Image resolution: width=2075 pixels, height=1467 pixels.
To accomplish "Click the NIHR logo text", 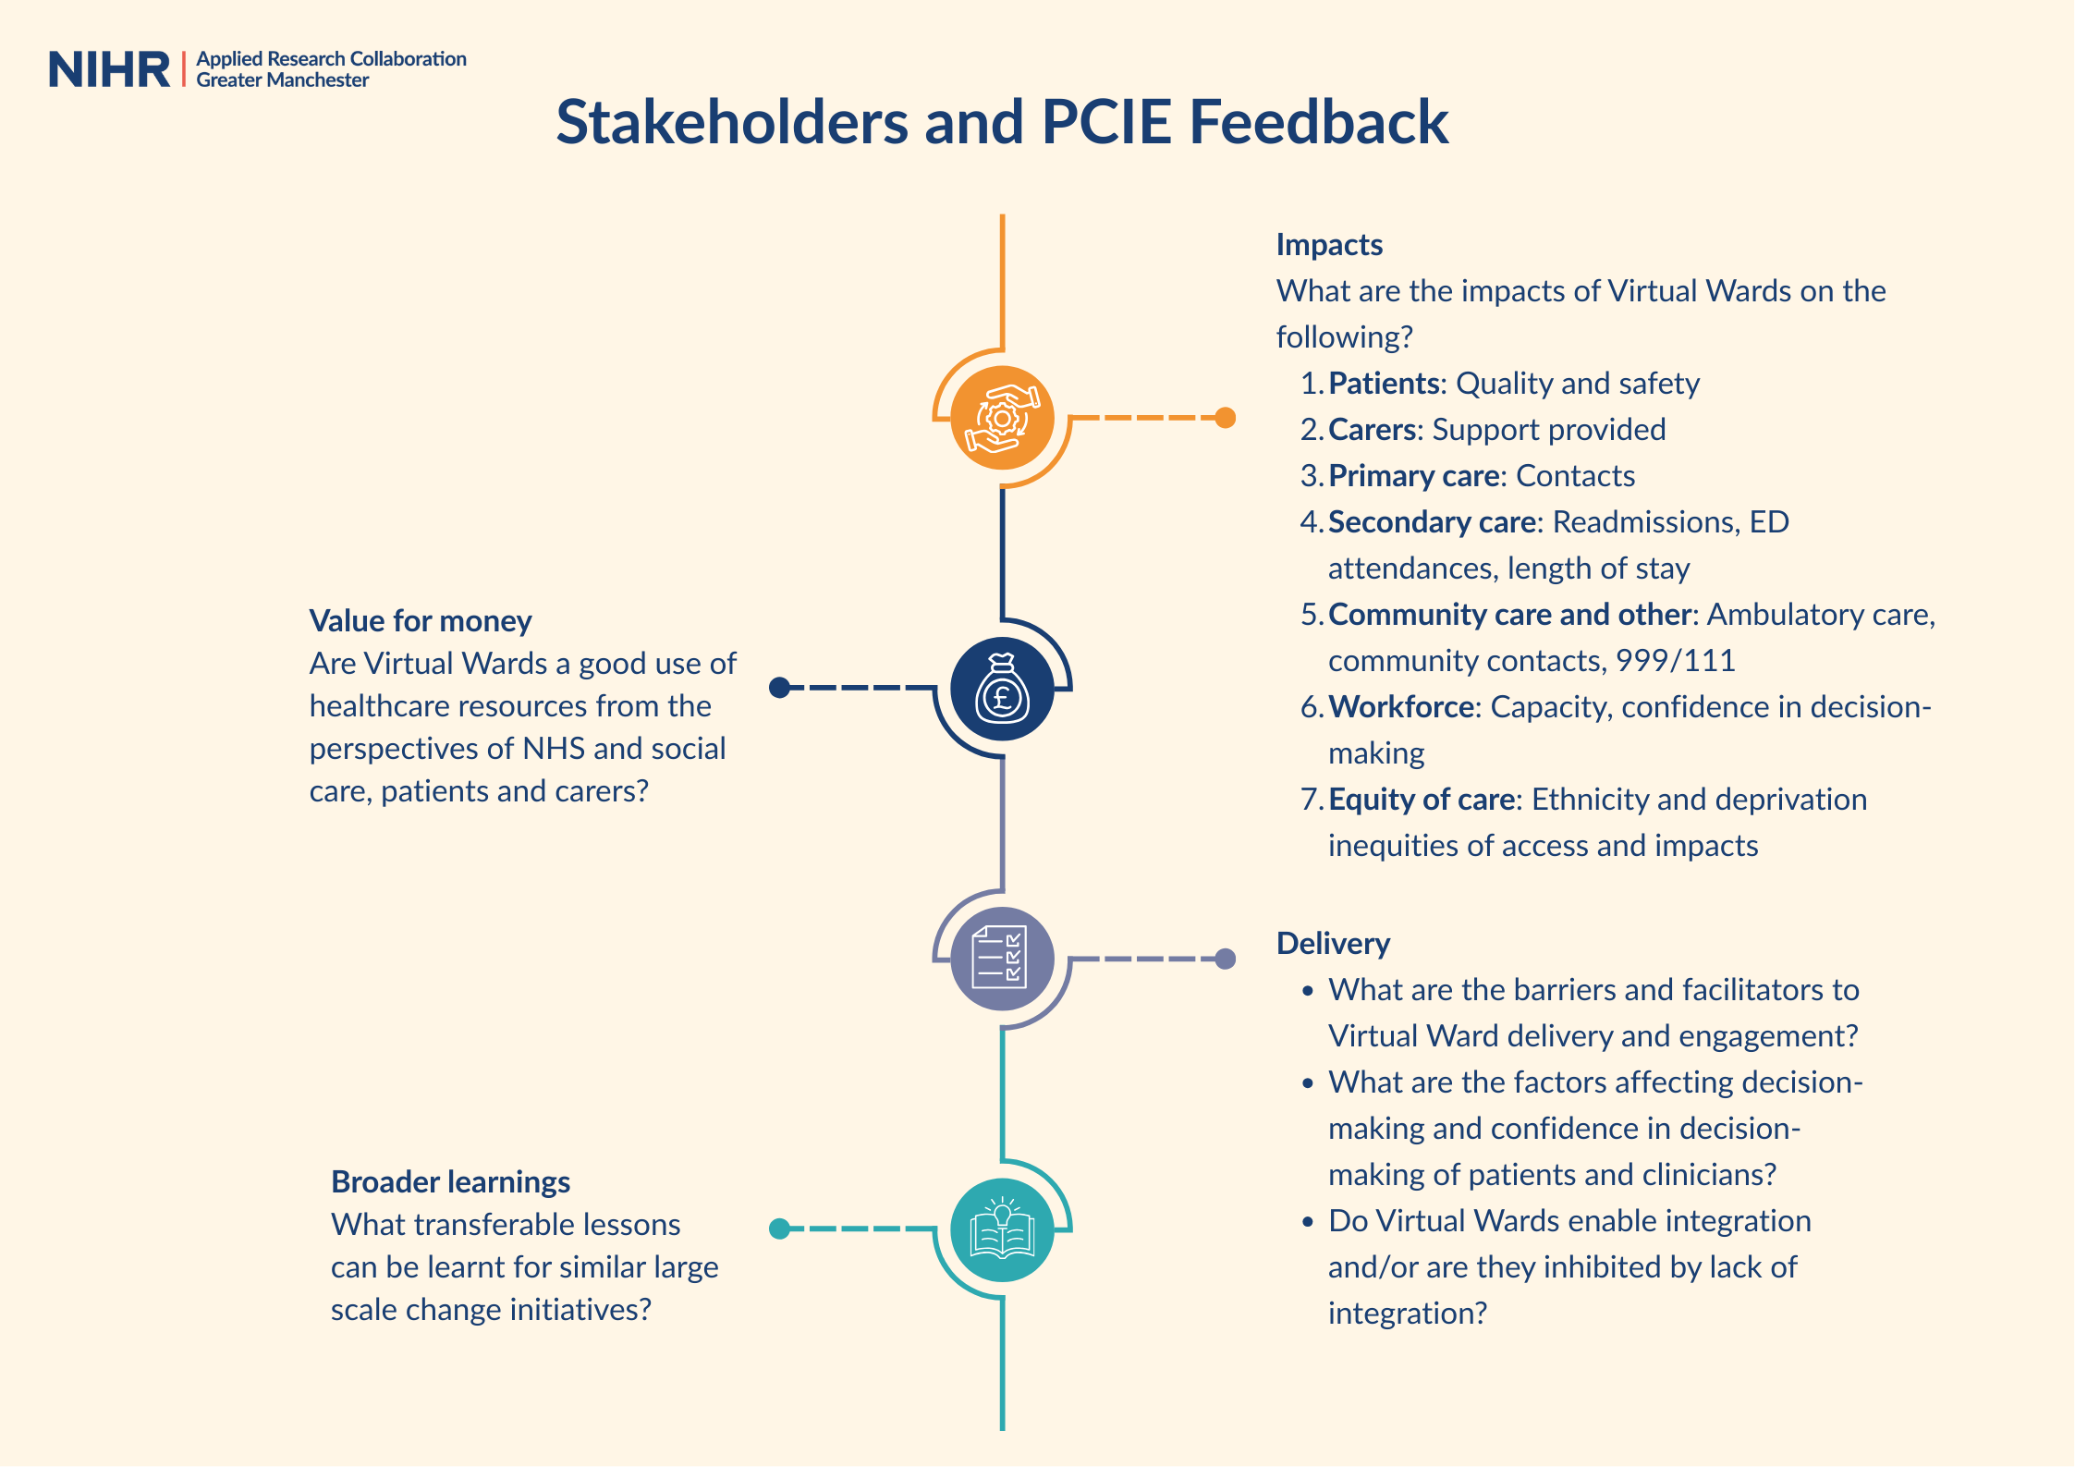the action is point(109,69).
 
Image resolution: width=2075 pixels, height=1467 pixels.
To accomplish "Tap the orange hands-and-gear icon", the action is point(1002,418).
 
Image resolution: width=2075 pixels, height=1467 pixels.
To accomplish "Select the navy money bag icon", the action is point(1002,689).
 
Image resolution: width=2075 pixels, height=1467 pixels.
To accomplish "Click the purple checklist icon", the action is point(1002,959).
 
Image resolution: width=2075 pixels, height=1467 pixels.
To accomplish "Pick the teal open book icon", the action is point(1002,1229).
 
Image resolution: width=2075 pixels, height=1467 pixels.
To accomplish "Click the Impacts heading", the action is point(1329,245).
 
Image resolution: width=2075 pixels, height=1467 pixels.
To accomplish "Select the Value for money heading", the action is point(421,621).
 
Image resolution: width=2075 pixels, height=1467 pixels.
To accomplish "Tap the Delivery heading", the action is point(1333,944).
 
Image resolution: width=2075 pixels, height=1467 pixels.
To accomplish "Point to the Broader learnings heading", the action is point(450,1182).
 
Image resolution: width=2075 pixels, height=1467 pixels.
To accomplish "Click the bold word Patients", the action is point(1385,384).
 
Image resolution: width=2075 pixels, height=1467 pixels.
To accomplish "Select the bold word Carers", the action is point(1373,430).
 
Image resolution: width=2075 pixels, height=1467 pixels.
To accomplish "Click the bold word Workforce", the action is point(1401,707).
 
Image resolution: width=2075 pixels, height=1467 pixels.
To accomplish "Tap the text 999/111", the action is point(1675,661).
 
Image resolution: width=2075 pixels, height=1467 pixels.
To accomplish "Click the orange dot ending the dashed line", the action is point(1226,418).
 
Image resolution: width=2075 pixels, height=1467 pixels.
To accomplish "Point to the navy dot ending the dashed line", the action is point(780,688).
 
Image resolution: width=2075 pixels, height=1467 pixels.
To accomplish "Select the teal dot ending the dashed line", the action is point(780,1229).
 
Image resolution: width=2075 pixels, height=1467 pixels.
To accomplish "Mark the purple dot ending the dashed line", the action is point(1226,959).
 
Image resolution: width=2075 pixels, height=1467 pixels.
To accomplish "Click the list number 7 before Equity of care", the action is point(1312,800).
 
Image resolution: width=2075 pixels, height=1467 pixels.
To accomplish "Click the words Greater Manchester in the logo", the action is point(282,80).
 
